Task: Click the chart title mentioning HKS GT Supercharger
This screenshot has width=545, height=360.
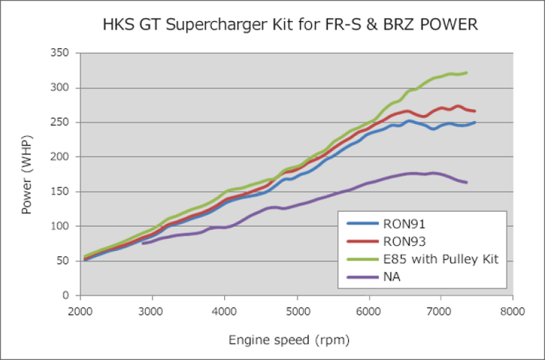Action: click(290, 25)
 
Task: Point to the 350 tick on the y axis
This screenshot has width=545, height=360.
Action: click(60, 53)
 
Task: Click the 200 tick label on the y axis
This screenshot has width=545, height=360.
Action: click(60, 157)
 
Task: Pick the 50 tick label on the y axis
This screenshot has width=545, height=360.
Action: click(63, 260)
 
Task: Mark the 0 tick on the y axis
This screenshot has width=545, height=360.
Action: click(66, 295)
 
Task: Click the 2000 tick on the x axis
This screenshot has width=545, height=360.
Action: click(80, 309)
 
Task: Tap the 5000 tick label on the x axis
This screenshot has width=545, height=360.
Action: click(296, 309)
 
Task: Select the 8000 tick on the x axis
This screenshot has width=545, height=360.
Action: click(512, 309)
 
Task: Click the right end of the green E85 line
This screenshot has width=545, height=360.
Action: click(467, 73)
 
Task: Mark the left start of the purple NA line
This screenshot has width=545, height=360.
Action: click(142, 243)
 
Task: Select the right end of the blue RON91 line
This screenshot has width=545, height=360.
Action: click(475, 123)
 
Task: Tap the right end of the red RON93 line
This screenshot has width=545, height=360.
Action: click(475, 111)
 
